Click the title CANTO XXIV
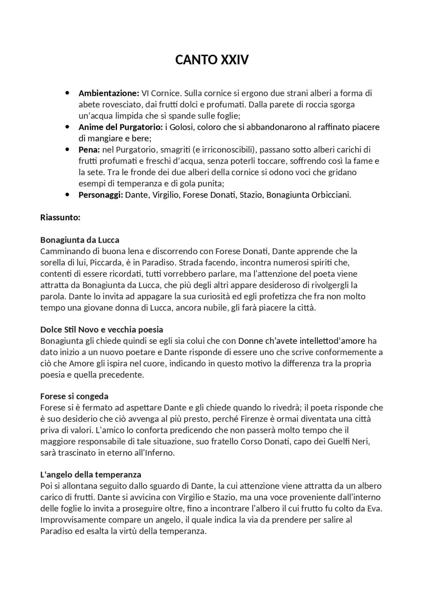(212, 60)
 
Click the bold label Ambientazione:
(109, 93)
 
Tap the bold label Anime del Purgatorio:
(121, 127)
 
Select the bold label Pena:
(89, 150)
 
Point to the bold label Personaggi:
(101, 195)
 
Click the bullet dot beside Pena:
(68, 149)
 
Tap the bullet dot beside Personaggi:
(68, 194)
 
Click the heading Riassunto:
(60, 218)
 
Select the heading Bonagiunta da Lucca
(80, 240)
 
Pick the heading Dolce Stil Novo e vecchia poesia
(102, 330)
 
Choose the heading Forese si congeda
(75, 397)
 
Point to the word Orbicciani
(331, 195)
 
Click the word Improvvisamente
(72, 520)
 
